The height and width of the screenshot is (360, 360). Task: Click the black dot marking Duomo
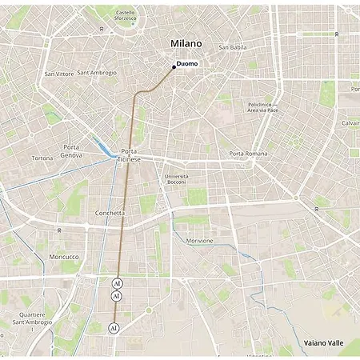pos(174,66)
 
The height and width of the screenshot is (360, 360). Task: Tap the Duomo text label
pos(187,63)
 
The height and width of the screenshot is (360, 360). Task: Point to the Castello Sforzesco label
pos(125,16)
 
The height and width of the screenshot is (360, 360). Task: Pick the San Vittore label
pos(59,74)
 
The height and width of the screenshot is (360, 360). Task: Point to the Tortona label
pos(42,158)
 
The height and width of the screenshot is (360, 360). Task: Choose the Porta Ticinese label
pos(130,155)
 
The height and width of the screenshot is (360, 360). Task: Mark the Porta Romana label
pos(247,153)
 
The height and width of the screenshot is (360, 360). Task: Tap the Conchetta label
pos(109,213)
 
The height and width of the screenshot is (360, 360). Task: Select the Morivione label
pos(200,241)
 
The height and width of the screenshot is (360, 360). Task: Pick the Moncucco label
pos(64,257)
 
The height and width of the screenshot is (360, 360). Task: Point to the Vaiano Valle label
pos(323,342)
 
